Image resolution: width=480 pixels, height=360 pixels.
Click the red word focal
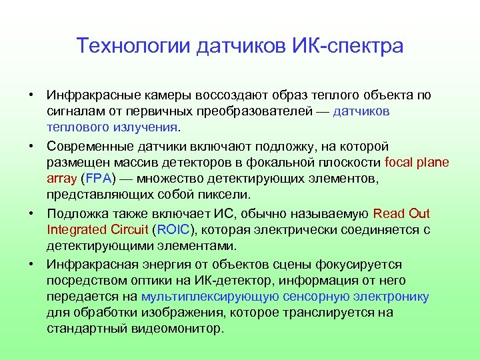click(x=400, y=162)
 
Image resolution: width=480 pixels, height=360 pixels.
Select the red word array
click(x=62, y=178)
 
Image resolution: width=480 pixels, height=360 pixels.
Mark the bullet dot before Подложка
click(x=31, y=214)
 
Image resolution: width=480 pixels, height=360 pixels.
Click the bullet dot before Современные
click(x=31, y=146)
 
